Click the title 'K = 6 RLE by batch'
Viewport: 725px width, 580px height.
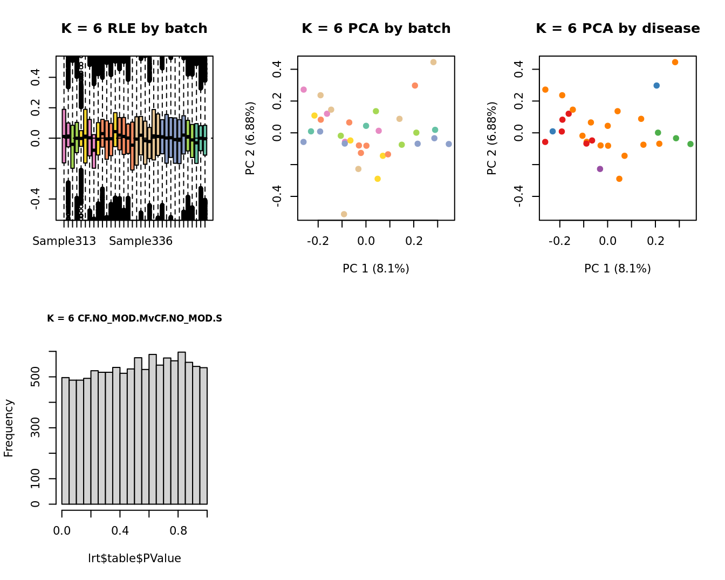point(134,29)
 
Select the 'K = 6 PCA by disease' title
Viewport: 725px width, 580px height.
point(618,29)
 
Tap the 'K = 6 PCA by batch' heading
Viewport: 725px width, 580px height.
point(376,29)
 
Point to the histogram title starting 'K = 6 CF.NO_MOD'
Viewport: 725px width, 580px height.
point(134,318)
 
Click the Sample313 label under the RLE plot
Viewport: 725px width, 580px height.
point(64,241)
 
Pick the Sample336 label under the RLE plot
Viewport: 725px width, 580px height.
point(141,241)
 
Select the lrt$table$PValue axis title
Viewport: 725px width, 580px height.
point(134,558)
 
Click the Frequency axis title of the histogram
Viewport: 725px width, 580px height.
point(9,428)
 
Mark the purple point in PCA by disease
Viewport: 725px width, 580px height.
point(600,169)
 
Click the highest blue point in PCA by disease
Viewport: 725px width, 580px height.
point(656,85)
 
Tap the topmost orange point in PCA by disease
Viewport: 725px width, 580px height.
point(675,62)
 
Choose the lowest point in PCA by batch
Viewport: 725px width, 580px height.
point(344,214)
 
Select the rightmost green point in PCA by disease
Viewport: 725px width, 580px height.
point(690,144)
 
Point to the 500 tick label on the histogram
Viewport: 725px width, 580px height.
point(36,377)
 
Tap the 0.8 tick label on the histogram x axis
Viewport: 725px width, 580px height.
point(179,531)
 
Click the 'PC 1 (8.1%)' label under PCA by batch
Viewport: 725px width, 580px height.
point(376,269)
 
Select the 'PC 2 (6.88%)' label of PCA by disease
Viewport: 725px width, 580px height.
point(491,138)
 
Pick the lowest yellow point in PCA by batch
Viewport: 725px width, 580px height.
point(378,179)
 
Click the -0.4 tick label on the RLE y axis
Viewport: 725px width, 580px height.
point(36,199)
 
